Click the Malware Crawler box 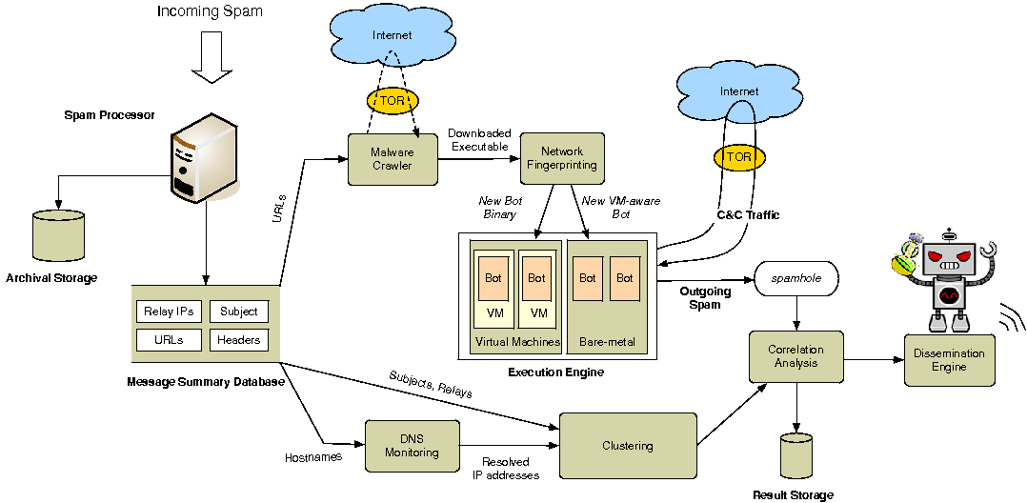click(x=392, y=158)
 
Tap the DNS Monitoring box click(x=413, y=446)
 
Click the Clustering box click(x=627, y=446)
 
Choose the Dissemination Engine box click(x=948, y=360)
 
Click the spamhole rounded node click(x=796, y=278)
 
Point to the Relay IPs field click(x=167, y=312)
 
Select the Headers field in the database click(x=238, y=340)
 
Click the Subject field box click(x=238, y=312)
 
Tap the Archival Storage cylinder click(x=58, y=237)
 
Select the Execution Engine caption click(x=555, y=372)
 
